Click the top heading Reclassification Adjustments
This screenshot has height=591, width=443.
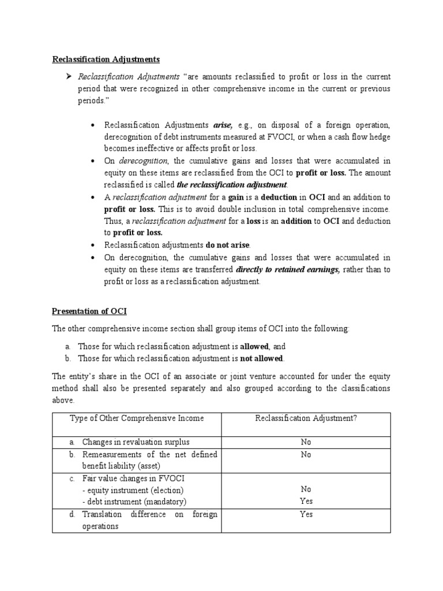tap(106, 59)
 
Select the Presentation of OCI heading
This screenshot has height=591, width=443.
tap(89, 311)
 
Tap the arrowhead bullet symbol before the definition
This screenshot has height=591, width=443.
tap(68, 77)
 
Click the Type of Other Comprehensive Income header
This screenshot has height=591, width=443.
tap(137, 418)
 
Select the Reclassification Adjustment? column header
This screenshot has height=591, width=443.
tap(306, 418)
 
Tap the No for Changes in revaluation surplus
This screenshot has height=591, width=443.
tap(306, 442)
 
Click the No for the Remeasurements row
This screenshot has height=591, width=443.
tap(306, 454)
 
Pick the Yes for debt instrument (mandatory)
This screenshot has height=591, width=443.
tap(306, 502)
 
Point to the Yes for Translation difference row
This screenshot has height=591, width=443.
tap(306, 514)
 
